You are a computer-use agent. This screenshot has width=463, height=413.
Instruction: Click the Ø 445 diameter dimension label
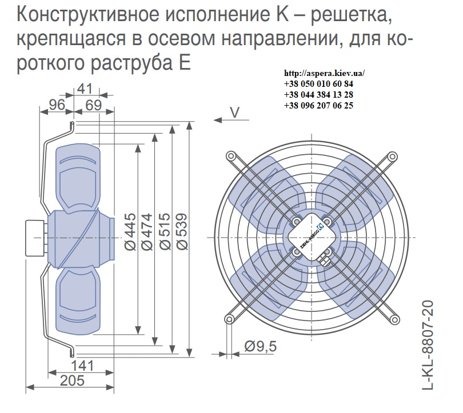click(x=130, y=232)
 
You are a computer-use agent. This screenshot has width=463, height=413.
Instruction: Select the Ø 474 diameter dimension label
click(x=147, y=232)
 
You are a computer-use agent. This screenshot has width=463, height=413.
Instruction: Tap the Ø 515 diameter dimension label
click(x=165, y=232)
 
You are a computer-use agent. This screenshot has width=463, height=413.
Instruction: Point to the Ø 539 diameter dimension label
click(x=182, y=232)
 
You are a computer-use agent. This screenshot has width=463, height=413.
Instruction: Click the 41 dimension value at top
click(x=85, y=89)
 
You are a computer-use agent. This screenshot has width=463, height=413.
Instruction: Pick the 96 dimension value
click(x=57, y=105)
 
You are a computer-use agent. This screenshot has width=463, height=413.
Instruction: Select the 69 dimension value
click(x=94, y=105)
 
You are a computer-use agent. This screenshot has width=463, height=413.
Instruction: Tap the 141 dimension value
click(x=82, y=366)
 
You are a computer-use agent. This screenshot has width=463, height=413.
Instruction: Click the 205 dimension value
click(x=73, y=380)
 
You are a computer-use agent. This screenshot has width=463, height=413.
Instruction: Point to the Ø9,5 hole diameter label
click(x=261, y=346)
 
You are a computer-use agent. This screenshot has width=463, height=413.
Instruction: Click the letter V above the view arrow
click(x=234, y=113)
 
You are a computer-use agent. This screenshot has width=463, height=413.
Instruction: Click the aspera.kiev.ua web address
click(x=324, y=73)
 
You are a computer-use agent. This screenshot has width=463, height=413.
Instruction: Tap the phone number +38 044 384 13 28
click(x=318, y=94)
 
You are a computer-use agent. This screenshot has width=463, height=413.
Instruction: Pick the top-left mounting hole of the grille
click(x=230, y=156)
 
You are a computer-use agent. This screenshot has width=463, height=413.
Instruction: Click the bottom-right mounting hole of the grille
click(x=394, y=319)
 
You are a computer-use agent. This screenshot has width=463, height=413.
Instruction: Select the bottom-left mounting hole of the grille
click(x=229, y=319)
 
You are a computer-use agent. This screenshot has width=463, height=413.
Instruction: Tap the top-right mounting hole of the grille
click(x=392, y=156)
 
